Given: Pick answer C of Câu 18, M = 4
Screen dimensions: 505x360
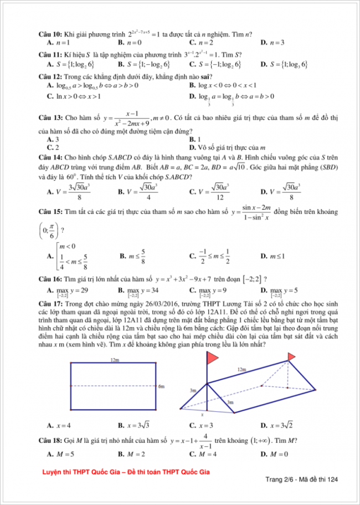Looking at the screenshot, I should [207, 454].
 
